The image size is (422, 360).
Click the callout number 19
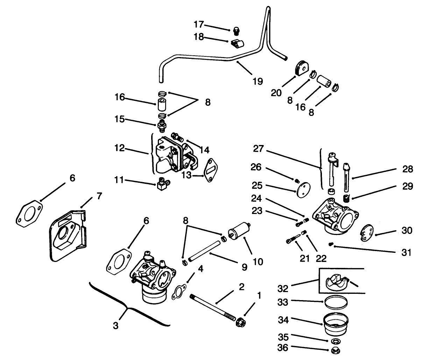(x=257, y=82)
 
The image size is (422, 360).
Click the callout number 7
(x=99, y=196)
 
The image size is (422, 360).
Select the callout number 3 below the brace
(x=116, y=326)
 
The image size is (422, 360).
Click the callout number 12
(x=120, y=148)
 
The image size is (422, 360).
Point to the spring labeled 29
(x=346, y=199)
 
